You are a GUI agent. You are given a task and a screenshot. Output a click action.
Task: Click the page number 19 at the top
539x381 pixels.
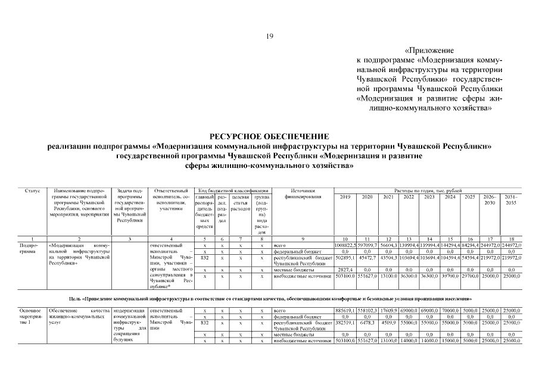pos(269,37)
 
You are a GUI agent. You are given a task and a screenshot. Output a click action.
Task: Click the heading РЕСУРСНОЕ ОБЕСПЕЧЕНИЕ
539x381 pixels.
pos(269,136)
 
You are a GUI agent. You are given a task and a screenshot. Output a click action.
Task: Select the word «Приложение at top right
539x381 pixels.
pos(429,51)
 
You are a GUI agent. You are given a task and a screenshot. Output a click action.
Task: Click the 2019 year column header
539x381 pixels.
pos(345,196)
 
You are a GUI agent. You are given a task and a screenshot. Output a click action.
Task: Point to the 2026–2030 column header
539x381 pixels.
pos(490,199)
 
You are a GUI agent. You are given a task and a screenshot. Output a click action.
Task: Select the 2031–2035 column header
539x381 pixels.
pos(511,199)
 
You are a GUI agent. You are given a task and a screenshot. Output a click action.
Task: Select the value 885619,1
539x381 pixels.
pos(345,311)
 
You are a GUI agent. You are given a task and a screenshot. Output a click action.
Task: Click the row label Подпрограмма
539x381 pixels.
pos(29,248)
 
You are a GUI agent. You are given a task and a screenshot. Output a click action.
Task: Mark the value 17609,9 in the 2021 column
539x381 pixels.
pos(388,311)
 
